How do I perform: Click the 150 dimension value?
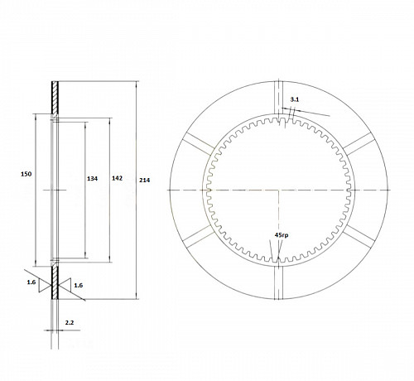(26, 174)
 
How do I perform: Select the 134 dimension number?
(92, 179)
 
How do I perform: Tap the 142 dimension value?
(117, 178)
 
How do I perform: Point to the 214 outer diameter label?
(145, 180)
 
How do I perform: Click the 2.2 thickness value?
(70, 322)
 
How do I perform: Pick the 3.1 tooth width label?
(295, 99)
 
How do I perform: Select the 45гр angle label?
(282, 235)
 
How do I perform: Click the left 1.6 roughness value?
(31, 282)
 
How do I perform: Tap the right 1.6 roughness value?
(79, 285)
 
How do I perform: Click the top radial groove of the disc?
(279, 97)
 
